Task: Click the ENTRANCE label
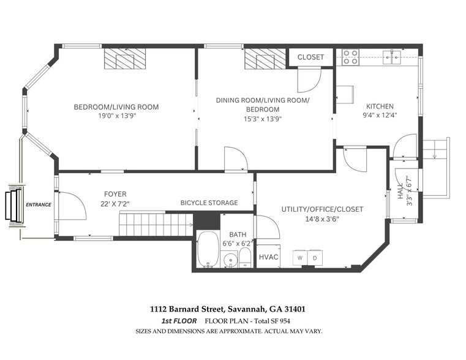38,204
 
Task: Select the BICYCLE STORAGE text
209,203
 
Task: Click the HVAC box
268,257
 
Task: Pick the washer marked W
299,258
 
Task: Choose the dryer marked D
315,258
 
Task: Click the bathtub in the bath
209,249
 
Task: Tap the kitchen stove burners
350,57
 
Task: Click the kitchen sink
391,58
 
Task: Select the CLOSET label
310,57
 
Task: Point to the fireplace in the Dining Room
261,61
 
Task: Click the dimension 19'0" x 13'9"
116,116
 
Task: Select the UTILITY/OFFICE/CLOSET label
322,209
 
